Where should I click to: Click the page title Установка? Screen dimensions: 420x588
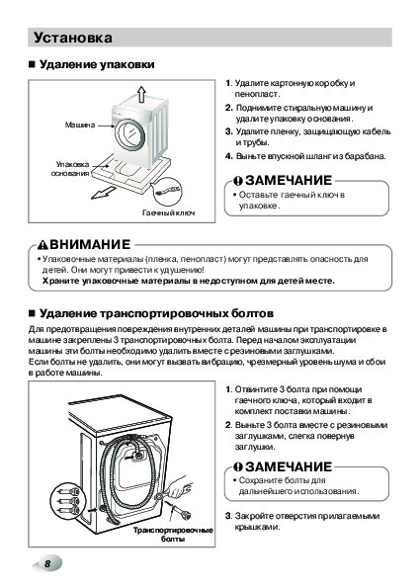pos(73,38)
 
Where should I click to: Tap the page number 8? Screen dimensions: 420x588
pos(47,563)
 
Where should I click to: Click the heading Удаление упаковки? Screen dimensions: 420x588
pos(97,64)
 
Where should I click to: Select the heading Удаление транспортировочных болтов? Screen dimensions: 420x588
pos(156,313)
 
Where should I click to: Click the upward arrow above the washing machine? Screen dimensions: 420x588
pos(141,94)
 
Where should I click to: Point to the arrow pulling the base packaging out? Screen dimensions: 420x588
pos(104,193)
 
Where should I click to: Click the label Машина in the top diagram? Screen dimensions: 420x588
pos(80,125)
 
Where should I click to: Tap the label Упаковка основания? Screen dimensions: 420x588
pos(70,169)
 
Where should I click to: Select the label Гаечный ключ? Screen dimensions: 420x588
pos(168,212)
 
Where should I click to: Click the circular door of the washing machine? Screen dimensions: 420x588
pos(129,135)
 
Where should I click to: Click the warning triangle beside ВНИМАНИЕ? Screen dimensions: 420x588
pos(43,246)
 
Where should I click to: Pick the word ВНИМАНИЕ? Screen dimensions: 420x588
pos(90,245)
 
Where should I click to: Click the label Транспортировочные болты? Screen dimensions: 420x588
pos(173,535)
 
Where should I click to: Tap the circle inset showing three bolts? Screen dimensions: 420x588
pos(68,501)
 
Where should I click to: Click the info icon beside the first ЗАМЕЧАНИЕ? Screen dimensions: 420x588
pos(238,181)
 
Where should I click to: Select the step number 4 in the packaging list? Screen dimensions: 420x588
pos(228,156)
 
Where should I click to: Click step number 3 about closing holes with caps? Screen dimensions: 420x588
pos(228,516)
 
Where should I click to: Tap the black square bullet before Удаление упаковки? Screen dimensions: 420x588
pos(32,64)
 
